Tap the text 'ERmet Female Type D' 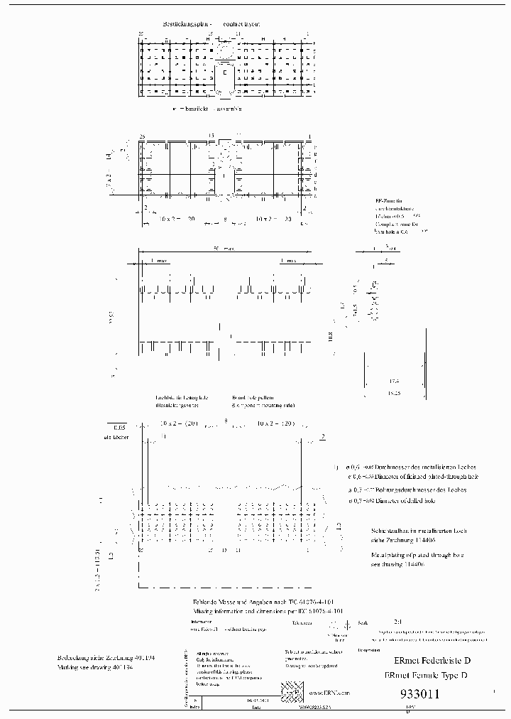[x=425, y=676]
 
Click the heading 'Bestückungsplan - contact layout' [x=203, y=23]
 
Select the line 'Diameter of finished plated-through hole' [x=408, y=477]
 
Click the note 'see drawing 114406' [x=397, y=565]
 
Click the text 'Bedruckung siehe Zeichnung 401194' [x=106, y=658]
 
